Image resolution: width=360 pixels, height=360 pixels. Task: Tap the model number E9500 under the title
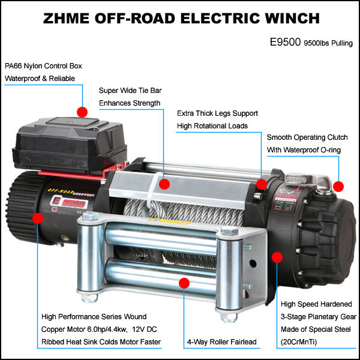tap(285, 42)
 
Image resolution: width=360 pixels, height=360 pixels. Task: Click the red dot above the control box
tap(82, 112)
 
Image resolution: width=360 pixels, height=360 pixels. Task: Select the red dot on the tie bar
tap(164, 184)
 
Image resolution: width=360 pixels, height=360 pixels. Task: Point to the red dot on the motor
tap(38, 218)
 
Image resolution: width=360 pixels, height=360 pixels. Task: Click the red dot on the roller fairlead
tap(184, 283)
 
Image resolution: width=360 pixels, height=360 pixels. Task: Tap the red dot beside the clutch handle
tap(338, 186)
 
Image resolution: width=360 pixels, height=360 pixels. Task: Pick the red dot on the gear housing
tap(277, 257)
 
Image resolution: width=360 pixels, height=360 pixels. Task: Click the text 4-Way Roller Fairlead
tap(222, 341)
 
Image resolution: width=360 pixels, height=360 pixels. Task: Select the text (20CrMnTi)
tap(299, 342)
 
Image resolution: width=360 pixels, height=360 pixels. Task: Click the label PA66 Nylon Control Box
tap(43, 66)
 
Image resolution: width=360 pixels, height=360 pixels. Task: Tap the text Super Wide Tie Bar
tap(130, 91)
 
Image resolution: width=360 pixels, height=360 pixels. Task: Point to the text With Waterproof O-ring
tap(304, 150)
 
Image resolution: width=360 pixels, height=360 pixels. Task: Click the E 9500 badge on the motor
tap(68, 202)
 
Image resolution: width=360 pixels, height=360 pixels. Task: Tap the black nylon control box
tap(70, 145)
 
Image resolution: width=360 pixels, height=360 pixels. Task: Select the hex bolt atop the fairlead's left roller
tap(90, 216)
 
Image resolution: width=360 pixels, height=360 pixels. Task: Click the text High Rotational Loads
tap(212, 126)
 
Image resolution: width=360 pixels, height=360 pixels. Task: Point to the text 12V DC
tap(145, 329)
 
